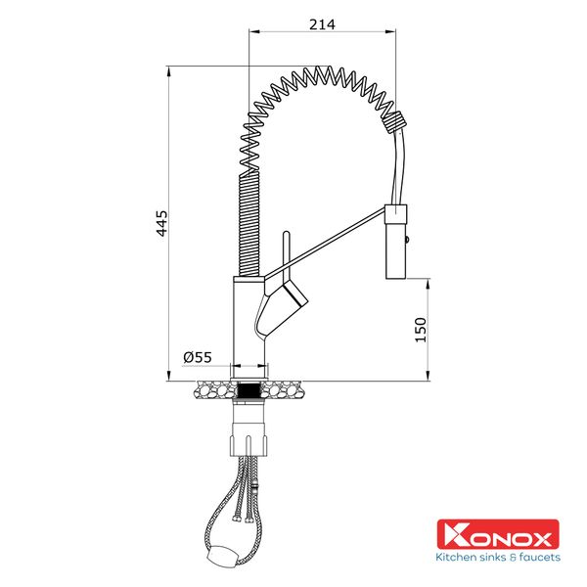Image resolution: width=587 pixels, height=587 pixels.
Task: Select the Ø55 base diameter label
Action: pyautogui.click(x=198, y=358)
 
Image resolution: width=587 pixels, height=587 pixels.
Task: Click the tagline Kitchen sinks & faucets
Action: pyautogui.click(x=497, y=558)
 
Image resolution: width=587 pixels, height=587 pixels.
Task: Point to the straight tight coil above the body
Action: pyautogui.click(x=248, y=221)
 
